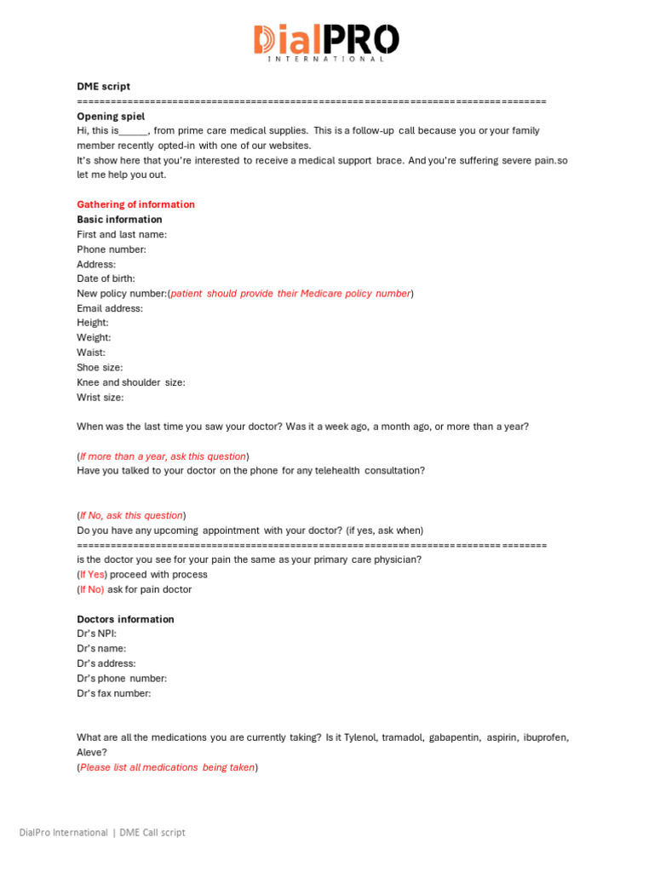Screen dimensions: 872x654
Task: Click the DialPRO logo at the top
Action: click(x=326, y=42)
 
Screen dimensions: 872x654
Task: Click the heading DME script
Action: click(x=104, y=86)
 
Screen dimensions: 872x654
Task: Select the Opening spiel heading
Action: click(x=111, y=116)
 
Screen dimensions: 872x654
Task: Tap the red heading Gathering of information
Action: click(x=136, y=204)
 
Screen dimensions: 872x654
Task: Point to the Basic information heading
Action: click(x=119, y=220)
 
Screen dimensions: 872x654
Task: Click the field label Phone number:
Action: click(x=112, y=250)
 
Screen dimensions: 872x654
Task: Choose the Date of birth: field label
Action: click(x=106, y=278)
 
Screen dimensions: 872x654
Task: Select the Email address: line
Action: click(x=110, y=308)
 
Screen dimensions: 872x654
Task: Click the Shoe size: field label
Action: click(x=100, y=367)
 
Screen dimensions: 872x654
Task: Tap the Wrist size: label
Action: click(x=100, y=397)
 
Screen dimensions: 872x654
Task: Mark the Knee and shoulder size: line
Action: click(x=131, y=382)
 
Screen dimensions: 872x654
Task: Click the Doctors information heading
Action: click(x=125, y=619)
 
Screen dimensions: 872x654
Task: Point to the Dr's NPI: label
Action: click(x=97, y=634)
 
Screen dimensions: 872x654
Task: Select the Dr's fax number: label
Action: click(x=114, y=693)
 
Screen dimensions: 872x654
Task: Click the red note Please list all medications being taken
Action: click(x=167, y=767)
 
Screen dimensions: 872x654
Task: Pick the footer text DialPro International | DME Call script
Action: click(x=102, y=832)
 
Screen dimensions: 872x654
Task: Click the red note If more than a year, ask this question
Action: click(x=163, y=456)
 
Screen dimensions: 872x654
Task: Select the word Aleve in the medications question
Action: click(x=90, y=753)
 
